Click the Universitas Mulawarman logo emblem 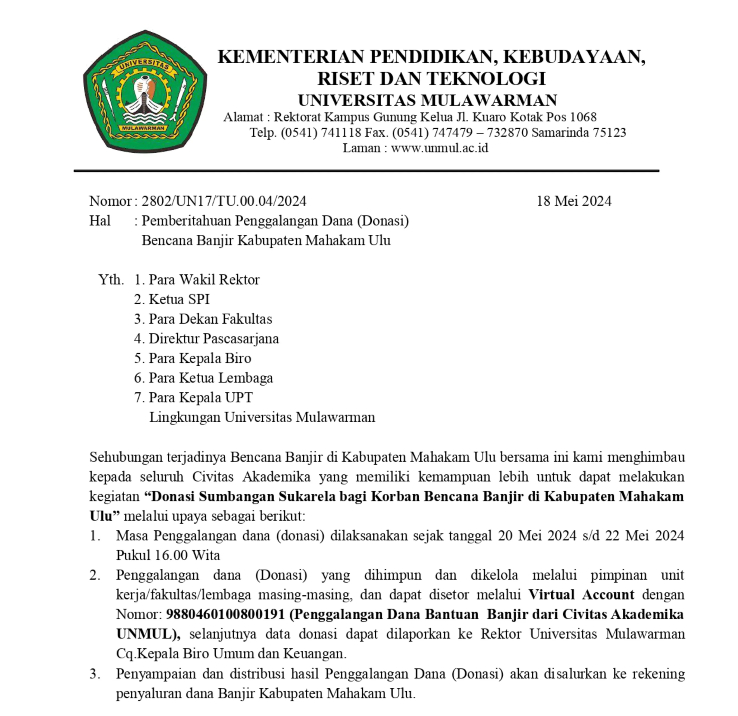point(145,92)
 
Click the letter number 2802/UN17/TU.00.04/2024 point(224,201)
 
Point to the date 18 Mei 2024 point(573,201)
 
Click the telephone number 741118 point(341,132)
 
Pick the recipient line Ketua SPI point(179,299)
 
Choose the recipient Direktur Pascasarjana point(214,338)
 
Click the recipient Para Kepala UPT point(201,397)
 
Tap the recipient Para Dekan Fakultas point(210,319)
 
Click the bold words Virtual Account point(581,595)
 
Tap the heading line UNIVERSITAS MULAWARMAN point(427,100)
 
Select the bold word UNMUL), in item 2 point(148,634)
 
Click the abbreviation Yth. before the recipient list point(111,279)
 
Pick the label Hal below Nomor point(100,221)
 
